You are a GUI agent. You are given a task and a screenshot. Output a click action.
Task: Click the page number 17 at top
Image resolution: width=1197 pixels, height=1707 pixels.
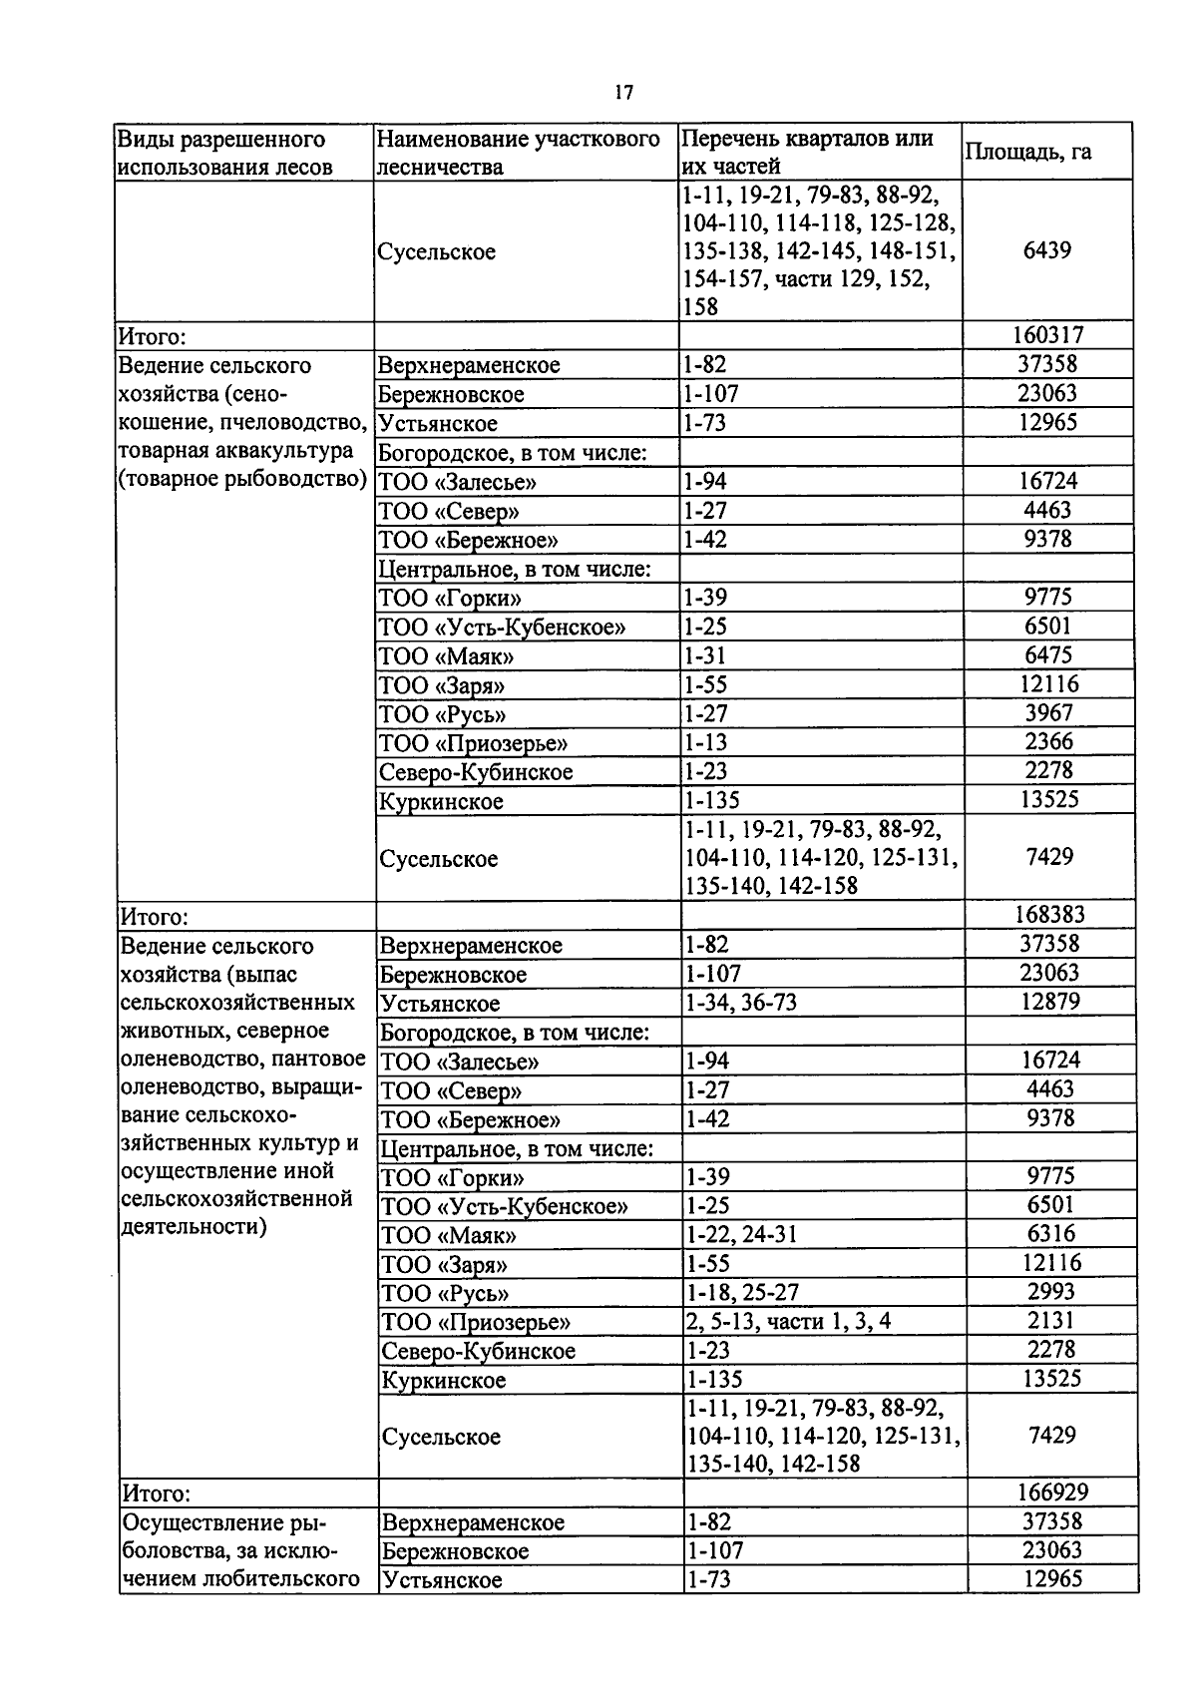[623, 93]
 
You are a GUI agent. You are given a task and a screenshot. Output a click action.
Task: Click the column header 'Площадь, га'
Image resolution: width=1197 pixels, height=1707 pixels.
[1028, 152]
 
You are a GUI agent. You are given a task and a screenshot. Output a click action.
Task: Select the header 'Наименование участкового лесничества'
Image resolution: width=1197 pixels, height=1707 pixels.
[519, 152]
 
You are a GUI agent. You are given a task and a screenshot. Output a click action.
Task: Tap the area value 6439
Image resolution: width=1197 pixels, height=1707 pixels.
[1047, 250]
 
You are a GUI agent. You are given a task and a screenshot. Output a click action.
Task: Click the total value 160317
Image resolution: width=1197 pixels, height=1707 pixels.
[1048, 335]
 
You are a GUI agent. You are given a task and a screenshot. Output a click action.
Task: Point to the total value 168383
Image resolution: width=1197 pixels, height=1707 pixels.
[1050, 915]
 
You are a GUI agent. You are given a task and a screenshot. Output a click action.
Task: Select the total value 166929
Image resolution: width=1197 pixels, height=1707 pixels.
[1052, 1493]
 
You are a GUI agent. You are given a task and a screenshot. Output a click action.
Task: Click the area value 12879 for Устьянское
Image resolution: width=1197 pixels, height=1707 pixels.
[1050, 1002]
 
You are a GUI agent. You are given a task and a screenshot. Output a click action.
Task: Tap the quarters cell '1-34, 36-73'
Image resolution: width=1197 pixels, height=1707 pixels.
[742, 1003]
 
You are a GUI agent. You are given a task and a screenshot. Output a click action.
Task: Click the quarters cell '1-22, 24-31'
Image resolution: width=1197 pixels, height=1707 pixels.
[743, 1235]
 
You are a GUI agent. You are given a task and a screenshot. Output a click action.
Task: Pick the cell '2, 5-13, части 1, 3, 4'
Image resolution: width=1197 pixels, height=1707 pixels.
[789, 1322]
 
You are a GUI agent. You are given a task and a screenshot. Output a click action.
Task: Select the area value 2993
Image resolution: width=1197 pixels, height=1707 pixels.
[1051, 1292]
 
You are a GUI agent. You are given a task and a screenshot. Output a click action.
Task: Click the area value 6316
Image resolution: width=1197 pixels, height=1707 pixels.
[1051, 1234]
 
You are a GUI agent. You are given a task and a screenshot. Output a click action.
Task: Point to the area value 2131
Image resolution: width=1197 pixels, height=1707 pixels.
[1051, 1321]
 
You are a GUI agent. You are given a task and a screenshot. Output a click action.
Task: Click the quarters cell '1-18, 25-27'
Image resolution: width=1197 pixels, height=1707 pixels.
[743, 1293]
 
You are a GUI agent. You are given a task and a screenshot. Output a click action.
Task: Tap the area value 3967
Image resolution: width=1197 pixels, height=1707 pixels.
[1049, 713]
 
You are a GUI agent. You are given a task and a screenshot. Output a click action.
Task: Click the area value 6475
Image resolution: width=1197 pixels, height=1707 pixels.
[1048, 655]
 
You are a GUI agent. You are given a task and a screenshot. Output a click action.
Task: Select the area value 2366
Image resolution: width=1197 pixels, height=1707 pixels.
[1049, 742]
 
